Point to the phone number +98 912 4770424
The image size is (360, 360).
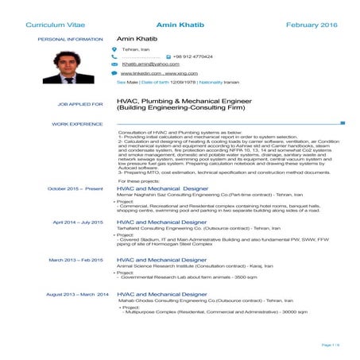[194, 57]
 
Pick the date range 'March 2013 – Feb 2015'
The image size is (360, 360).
[76, 260]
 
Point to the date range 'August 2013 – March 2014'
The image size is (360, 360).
[77, 294]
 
